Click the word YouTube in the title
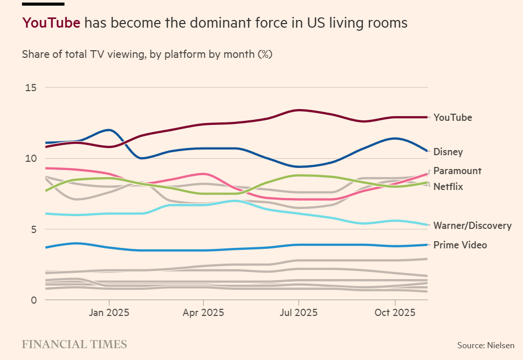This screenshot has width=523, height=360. [x=51, y=23]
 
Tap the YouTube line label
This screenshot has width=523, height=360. [x=452, y=117]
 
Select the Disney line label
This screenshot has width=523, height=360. [x=448, y=152]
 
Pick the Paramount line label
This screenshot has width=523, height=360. [x=457, y=171]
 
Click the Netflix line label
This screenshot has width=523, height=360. [x=448, y=186]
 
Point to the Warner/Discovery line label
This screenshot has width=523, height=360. [x=472, y=225]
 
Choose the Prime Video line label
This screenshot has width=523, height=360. [x=460, y=245]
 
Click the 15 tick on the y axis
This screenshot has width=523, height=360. [x=31, y=88]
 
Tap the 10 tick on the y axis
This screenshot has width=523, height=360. [x=31, y=158]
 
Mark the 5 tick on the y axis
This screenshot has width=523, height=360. [x=33, y=229]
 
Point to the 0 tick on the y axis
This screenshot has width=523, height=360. [x=34, y=300]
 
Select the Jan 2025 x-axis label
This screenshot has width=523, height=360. [x=108, y=312]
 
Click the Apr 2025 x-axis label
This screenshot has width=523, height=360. [x=203, y=312]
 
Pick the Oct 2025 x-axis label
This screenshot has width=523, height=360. [x=394, y=312]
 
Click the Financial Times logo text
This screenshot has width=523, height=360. [x=74, y=344]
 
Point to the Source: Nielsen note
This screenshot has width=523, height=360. [x=486, y=346]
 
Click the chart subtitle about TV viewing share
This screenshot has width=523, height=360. [x=147, y=54]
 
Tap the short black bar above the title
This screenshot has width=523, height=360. [x=43, y=4]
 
